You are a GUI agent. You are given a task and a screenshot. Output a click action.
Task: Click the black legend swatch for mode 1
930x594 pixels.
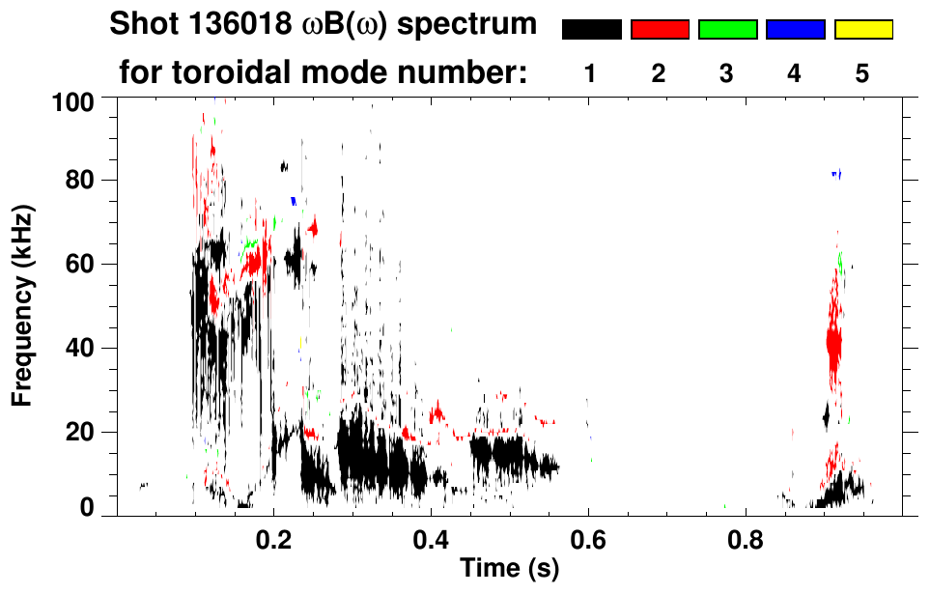(591, 30)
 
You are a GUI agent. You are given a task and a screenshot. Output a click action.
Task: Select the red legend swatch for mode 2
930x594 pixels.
(660, 30)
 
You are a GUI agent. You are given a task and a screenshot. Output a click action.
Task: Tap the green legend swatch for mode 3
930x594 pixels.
(727, 30)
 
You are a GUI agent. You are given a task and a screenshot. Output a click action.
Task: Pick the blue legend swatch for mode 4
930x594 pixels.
(795, 30)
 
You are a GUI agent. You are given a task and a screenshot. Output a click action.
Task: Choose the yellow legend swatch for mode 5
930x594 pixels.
(863, 30)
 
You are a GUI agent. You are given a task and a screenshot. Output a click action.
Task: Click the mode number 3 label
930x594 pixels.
(727, 73)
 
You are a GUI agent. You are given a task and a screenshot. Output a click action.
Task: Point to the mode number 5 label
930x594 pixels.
(863, 73)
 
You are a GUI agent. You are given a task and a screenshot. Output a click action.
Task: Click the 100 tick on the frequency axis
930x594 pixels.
(73, 99)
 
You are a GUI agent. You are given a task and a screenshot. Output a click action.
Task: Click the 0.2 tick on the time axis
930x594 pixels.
(273, 536)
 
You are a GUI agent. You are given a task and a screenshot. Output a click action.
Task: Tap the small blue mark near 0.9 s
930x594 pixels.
(837, 174)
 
